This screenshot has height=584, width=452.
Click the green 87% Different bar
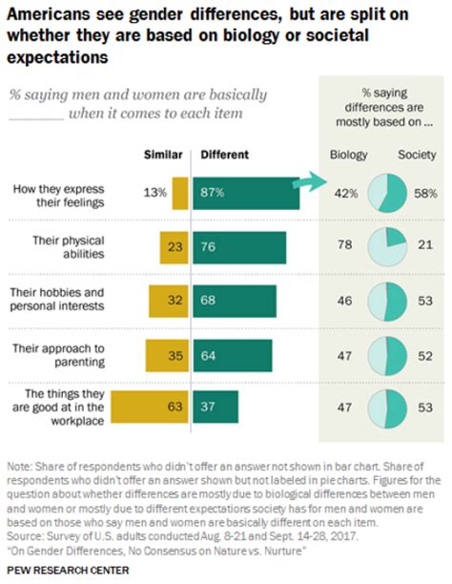pos(245,193)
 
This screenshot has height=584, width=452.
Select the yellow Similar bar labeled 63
pos(151,407)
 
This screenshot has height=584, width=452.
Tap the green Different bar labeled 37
pos(216,407)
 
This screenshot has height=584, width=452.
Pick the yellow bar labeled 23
pos(174,246)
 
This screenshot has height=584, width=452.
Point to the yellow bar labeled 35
pos(167,353)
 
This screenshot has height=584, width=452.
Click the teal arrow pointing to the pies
pos(311,182)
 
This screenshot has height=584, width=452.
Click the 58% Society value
pos(424,193)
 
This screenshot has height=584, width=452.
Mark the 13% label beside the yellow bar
pos(154,193)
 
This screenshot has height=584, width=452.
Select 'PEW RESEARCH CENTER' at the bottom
pos(70,569)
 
